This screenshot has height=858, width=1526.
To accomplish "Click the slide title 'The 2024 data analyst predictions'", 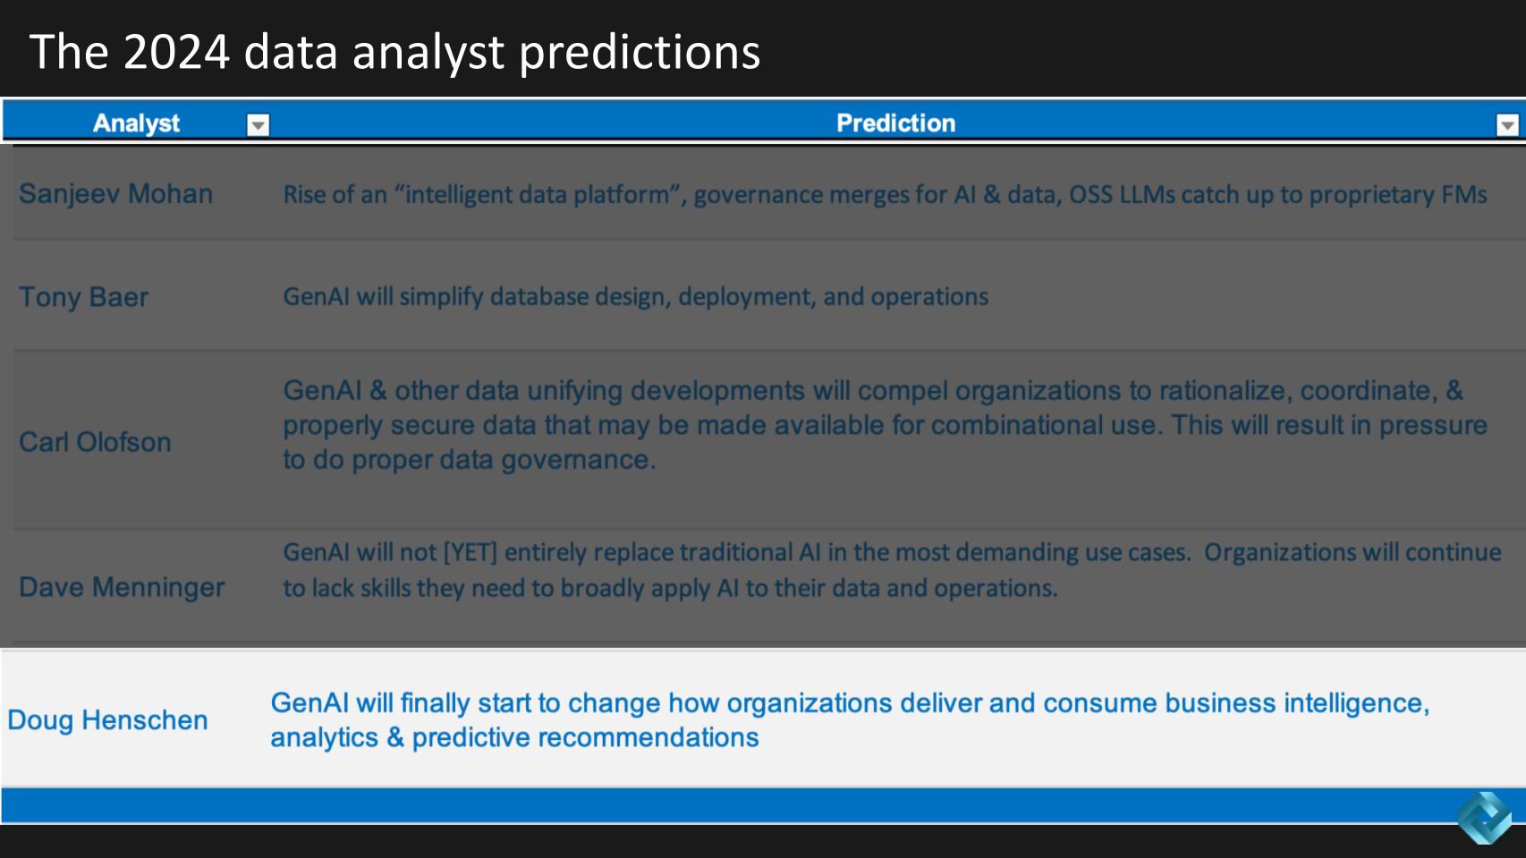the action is [394, 53].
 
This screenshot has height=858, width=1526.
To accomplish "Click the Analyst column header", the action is [136, 123].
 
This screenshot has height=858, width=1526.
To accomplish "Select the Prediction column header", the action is [896, 123].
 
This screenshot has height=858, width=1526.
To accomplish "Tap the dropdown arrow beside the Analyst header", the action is [258, 124].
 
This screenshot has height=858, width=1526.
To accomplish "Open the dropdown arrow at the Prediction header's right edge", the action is [1507, 124].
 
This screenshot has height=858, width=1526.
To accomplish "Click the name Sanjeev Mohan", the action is [115, 194].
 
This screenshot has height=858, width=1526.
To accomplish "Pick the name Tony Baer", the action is [84, 297].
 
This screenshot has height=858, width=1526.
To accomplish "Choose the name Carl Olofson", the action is [95, 442].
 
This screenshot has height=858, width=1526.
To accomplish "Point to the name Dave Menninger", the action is [122, 588].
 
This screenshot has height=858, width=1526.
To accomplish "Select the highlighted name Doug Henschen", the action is [107, 720].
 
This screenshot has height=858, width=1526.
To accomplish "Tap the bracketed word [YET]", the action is [471, 552].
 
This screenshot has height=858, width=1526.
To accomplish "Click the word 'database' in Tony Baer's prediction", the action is [538, 296].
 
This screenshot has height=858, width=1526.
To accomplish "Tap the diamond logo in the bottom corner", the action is [1485, 818].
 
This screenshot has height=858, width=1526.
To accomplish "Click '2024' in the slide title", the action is [176, 53].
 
